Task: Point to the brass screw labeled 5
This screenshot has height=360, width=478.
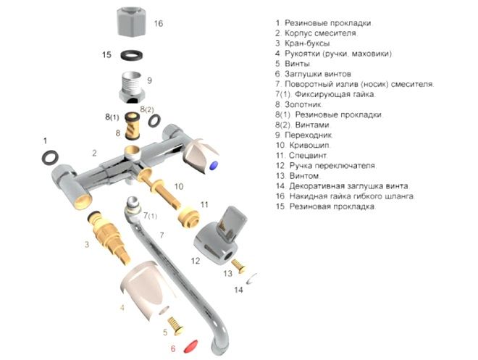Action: [x=177, y=327]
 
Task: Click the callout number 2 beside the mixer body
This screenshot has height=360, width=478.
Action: [x=94, y=153]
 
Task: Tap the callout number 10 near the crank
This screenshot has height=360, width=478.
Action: [x=178, y=187]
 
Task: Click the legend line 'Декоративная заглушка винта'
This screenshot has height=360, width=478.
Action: [x=342, y=185]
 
